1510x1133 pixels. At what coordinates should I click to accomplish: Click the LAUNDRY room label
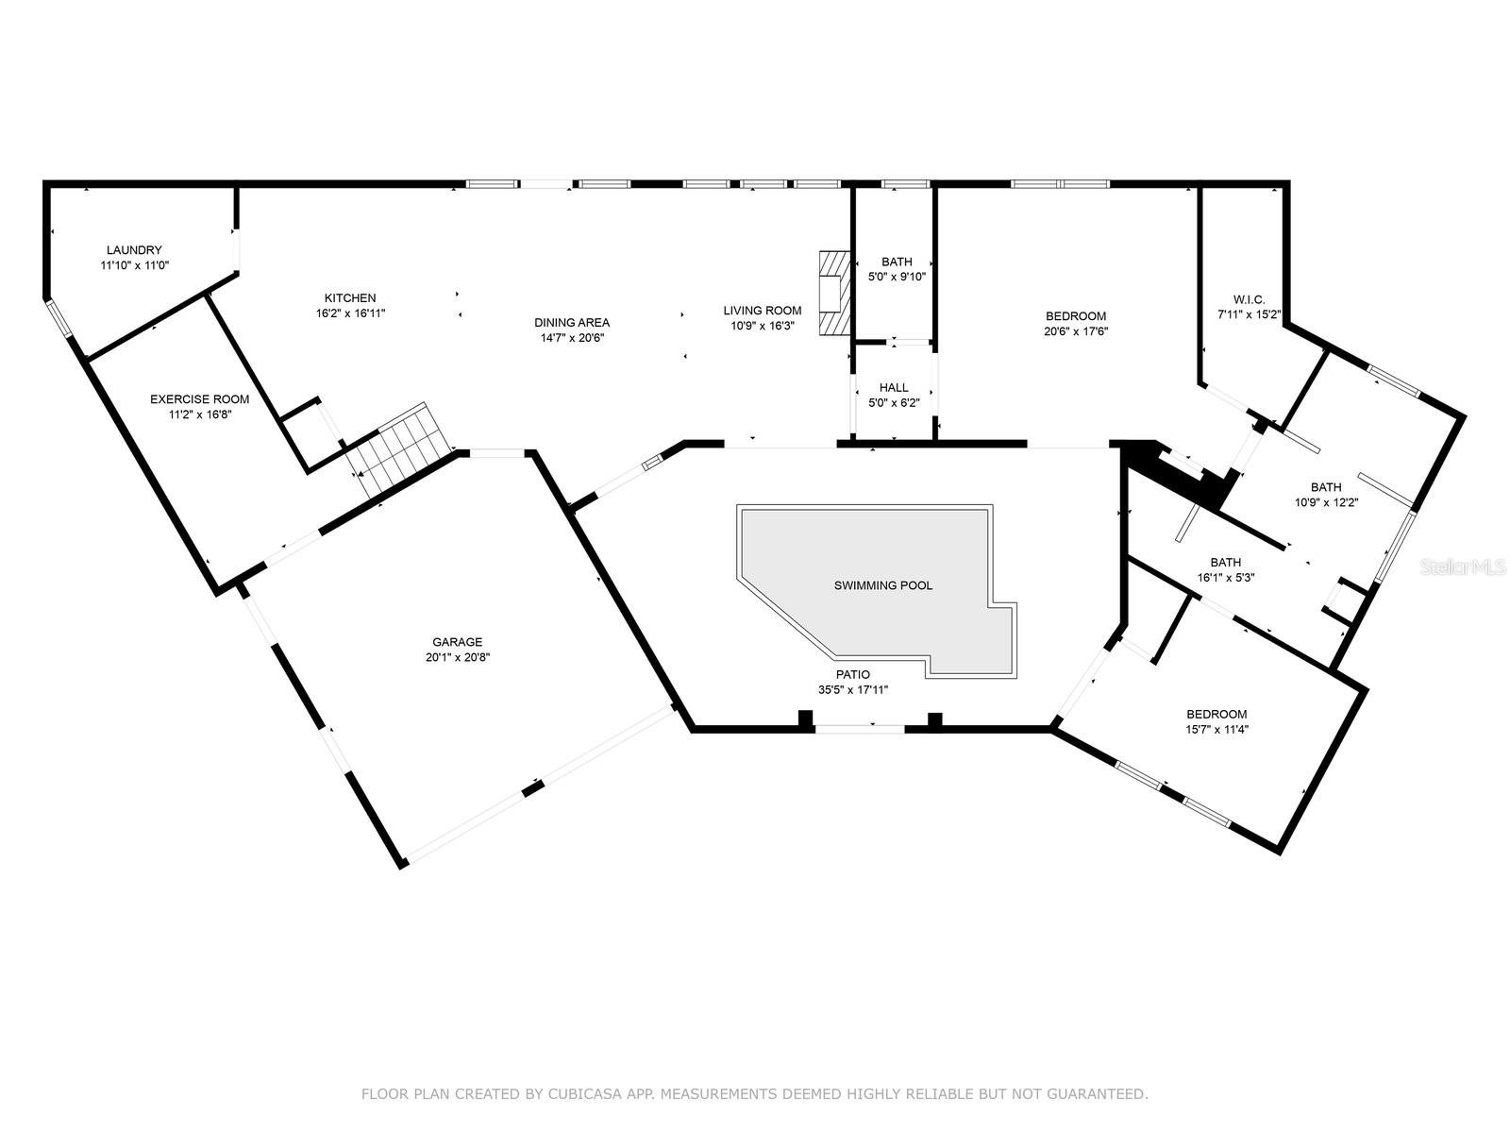pos(134,249)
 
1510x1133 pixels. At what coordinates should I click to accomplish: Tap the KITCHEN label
pos(350,297)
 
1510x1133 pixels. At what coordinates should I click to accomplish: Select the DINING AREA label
pos(572,323)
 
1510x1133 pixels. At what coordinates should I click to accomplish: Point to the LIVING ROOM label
pos(763,311)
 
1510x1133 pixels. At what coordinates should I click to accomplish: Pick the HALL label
pos(894,388)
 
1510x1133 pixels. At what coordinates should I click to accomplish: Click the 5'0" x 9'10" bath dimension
pos(898,278)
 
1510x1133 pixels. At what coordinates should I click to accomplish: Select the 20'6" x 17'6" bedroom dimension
pos(1076,330)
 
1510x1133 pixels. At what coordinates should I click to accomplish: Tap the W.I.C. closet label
pos(1249,300)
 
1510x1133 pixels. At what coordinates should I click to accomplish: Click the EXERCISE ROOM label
pos(199,399)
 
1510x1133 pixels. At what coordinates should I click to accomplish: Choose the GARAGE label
pos(458,643)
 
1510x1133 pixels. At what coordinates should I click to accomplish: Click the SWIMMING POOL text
pos(883,586)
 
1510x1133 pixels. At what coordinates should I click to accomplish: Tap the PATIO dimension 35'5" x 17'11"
pos(853,690)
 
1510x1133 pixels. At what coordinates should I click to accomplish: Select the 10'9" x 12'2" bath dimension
pos(1326,503)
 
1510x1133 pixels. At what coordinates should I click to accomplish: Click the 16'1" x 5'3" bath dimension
pos(1226,578)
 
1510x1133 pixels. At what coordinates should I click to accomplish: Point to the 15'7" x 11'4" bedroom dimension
pos(1216,729)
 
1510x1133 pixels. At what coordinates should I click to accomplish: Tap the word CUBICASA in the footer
pos(580,1093)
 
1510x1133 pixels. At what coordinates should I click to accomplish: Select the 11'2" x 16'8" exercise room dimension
pos(199,414)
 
